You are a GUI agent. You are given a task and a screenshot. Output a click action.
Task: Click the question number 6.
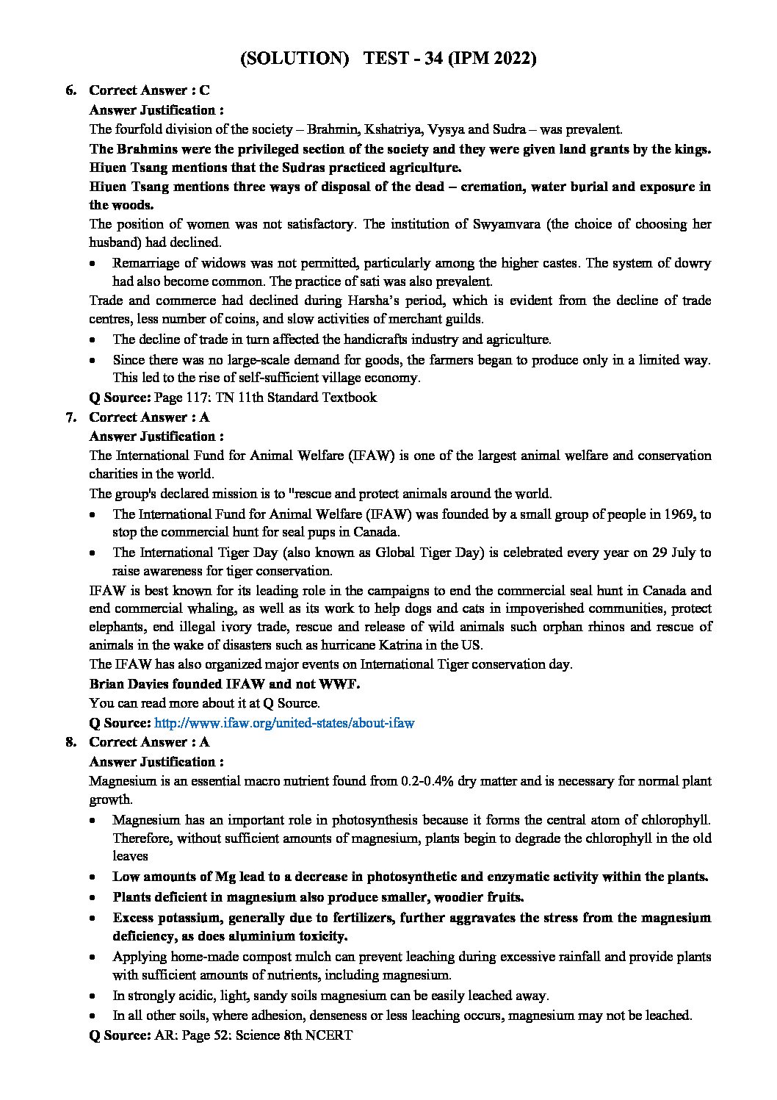[71, 90]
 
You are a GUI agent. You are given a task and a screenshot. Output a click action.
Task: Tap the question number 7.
[71, 417]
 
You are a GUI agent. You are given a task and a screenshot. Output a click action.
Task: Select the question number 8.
[71, 742]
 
